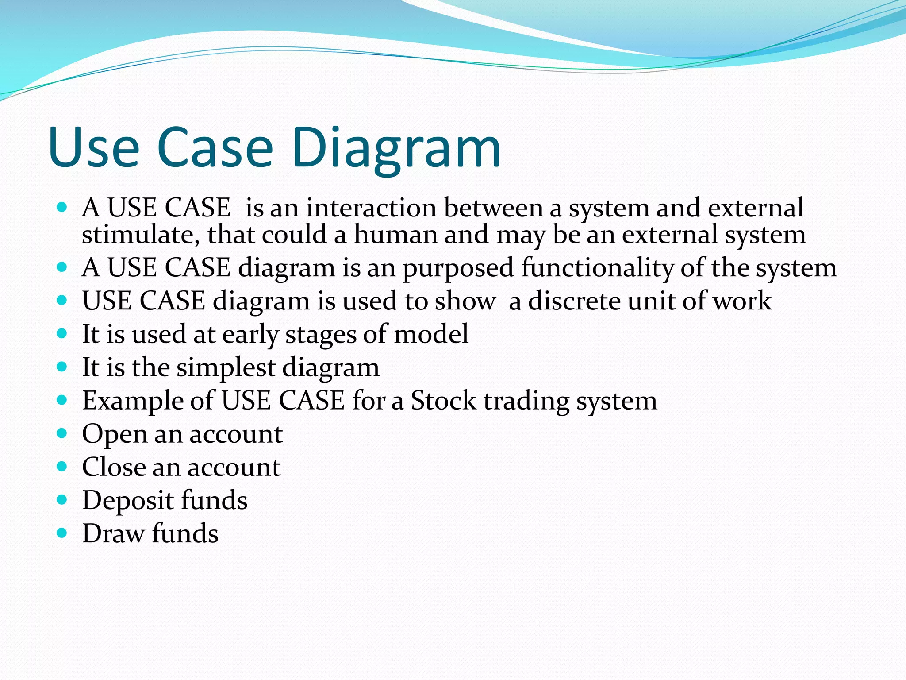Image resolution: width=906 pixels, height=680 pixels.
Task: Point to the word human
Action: click(395, 235)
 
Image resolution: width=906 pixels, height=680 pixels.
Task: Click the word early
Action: click(250, 335)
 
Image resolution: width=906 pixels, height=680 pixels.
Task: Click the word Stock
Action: click(443, 401)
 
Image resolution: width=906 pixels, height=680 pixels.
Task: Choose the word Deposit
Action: click(128, 501)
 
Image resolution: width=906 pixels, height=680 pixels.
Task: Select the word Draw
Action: click(113, 533)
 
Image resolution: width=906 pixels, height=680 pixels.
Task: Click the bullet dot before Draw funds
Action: click(62, 533)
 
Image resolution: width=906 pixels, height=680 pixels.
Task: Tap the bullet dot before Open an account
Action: click(62, 433)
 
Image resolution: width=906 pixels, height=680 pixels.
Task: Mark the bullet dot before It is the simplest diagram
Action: click(62, 367)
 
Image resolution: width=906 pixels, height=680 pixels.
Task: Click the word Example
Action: click(132, 401)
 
